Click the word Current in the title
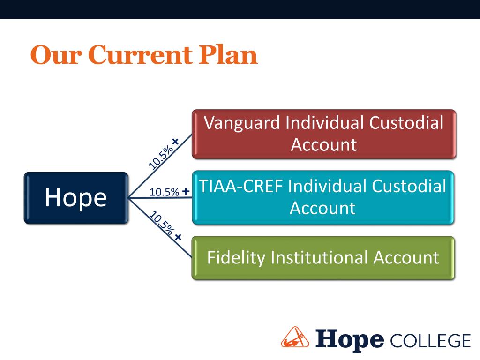139,55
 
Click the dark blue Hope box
75,197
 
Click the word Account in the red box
323,144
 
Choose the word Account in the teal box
322,208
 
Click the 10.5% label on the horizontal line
165,192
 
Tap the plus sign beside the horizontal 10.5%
186,191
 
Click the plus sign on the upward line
176,141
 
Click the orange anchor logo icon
295,337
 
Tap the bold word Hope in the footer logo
350,338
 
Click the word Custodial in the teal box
409,186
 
